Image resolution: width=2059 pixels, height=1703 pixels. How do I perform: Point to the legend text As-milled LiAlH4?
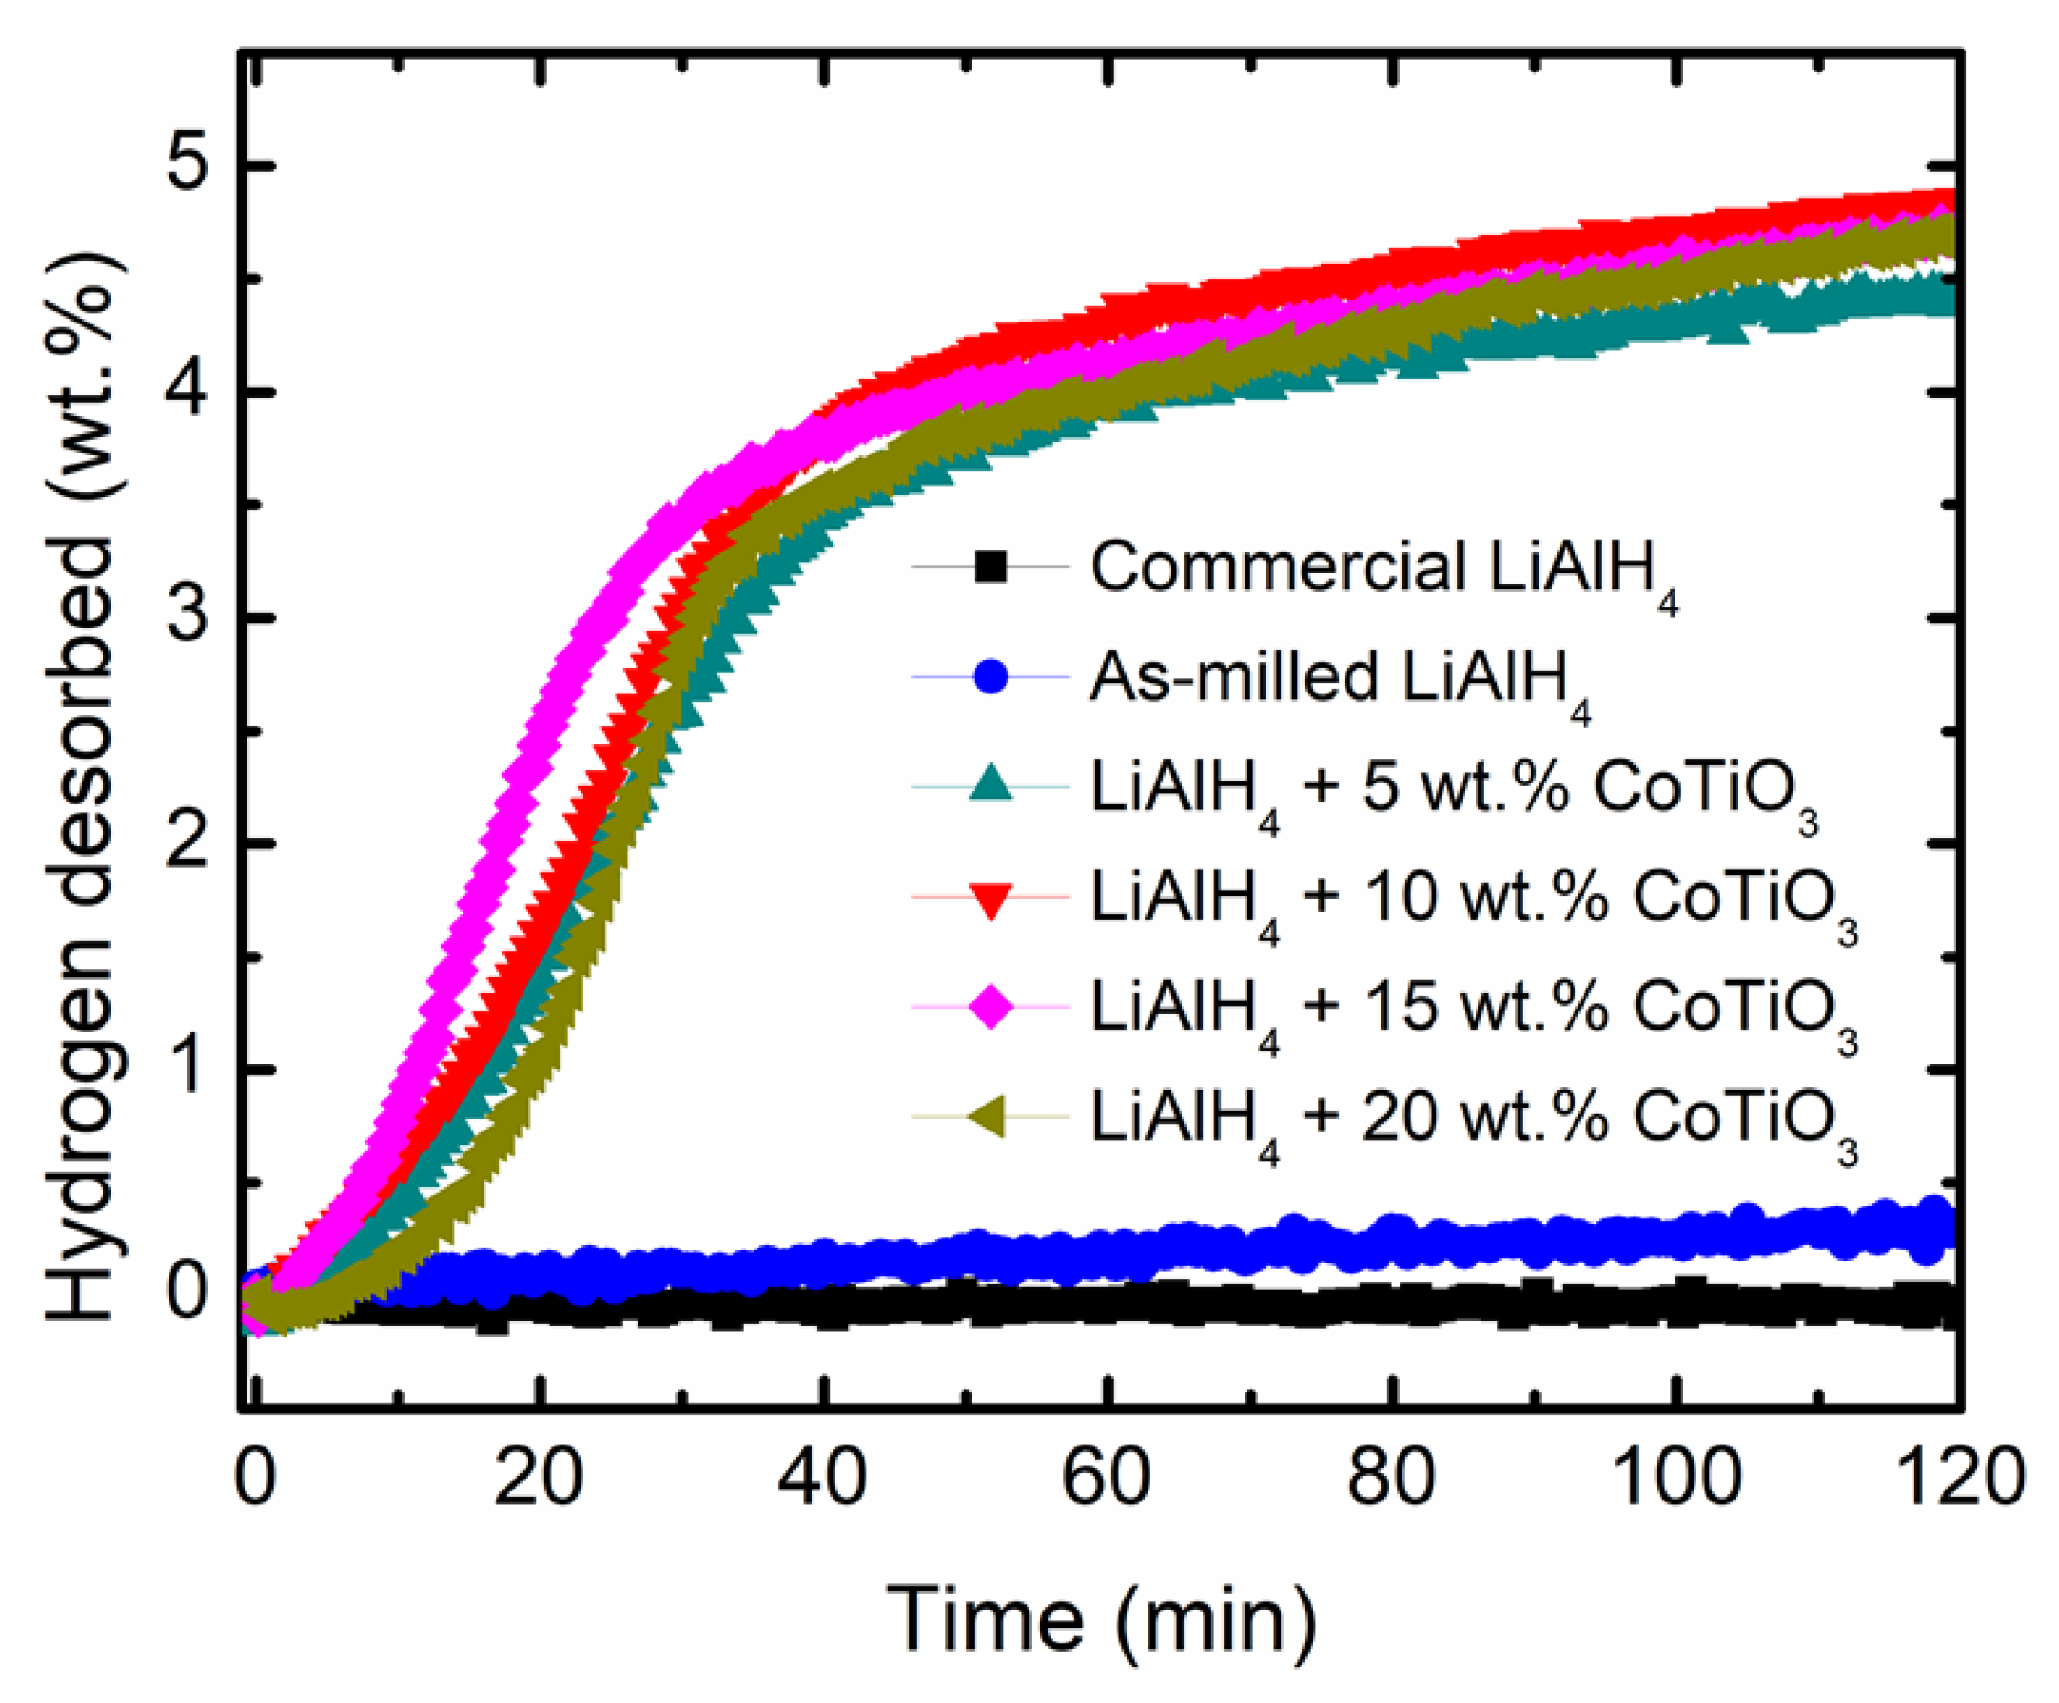[1338, 681]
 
